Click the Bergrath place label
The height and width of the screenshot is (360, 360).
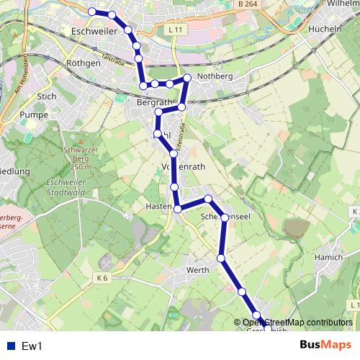coord(153,103)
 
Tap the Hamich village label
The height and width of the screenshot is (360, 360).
coord(328,256)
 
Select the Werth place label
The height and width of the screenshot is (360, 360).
coord(197,270)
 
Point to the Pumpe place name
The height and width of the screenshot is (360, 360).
coord(33,114)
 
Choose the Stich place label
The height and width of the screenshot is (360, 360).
coord(46,95)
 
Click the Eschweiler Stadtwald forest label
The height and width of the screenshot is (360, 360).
coord(66,188)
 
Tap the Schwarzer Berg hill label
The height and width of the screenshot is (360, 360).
coord(80,156)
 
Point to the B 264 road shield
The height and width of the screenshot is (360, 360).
coord(246,4)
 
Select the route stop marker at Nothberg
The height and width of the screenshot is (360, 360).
coord(187,78)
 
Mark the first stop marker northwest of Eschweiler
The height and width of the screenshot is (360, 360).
coord(92,12)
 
